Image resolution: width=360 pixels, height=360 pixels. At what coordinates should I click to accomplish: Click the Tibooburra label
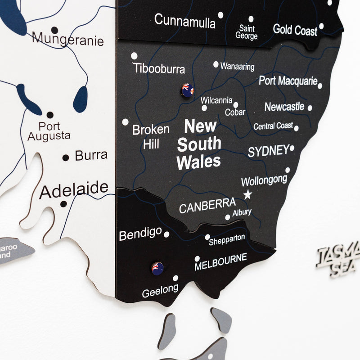coord(159,69)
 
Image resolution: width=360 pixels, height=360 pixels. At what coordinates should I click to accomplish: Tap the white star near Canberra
coord(247,195)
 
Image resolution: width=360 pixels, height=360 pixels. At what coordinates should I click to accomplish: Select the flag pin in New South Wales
coord(187,90)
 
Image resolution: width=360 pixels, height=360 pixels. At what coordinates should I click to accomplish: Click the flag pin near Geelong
coord(157,268)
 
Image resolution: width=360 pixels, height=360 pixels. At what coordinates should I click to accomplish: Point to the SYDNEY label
coord(268,151)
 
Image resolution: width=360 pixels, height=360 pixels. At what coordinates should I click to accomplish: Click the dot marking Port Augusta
coord(50,115)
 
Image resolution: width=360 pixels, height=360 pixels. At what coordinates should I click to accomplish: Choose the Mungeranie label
coord(67,40)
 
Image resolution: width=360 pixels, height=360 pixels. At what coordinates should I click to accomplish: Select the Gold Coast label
coord(295,30)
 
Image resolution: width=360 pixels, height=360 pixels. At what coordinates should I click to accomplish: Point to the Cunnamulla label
coord(184,21)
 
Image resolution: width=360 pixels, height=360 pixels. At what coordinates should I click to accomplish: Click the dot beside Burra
coord(66,157)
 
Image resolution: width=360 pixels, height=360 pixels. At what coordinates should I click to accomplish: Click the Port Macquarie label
coord(288,81)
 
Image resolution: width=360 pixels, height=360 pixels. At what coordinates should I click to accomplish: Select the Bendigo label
coord(140,234)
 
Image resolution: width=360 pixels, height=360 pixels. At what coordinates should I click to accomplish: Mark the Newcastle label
coord(284,107)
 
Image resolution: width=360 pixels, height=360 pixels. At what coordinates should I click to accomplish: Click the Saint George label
coord(247,32)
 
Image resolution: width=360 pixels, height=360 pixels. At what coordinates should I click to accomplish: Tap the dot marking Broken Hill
coord(125,122)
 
